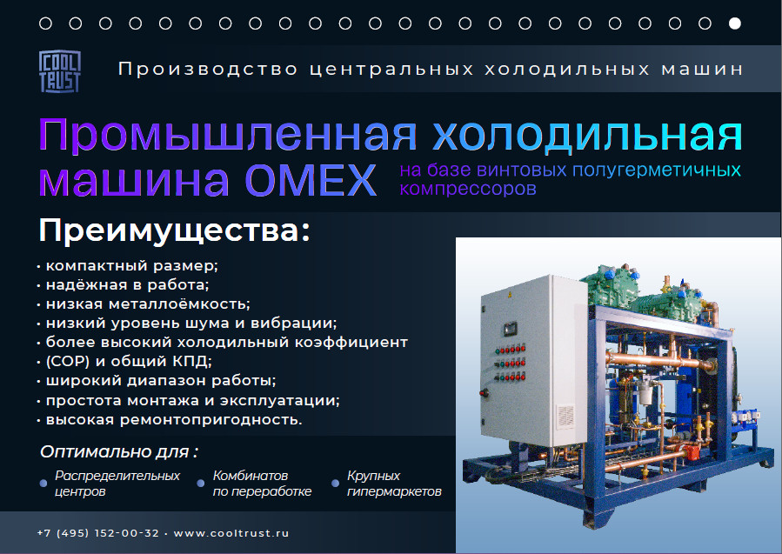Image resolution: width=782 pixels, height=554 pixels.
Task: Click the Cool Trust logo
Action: pyautogui.click(x=60, y=71)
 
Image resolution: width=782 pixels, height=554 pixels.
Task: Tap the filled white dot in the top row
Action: pyautogui.click(x=735, y=23)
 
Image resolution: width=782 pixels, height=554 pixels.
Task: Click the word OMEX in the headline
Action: pyautogui.click(x=311, y=180)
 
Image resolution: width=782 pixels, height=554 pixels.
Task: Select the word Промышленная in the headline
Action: pyautogui.click(x=227, y=135)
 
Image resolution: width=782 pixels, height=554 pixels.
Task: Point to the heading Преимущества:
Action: pyautogui.click(x=175, y=230)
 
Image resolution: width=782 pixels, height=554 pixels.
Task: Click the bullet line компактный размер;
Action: pyautogui.click(x=131, y=266)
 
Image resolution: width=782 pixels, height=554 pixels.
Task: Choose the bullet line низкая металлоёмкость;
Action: pyautogui.click(x=148, y=304)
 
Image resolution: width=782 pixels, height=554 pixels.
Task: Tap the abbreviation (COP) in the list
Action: pyautogui.click(x=67, y=361)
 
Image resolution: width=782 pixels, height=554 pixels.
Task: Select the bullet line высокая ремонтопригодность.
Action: pyautogui.click(x=174, y=419)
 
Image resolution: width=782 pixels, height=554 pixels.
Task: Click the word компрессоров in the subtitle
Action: pyautogui.click(x=468, y=189)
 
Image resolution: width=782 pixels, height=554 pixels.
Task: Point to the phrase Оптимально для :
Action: pyautogui.click(x=119, y=451)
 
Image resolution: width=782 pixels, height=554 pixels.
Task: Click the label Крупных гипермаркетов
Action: pyautogui.click(x=394, y=484)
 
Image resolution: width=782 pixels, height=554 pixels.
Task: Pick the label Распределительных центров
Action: pyautogui.click(x=117, y=484)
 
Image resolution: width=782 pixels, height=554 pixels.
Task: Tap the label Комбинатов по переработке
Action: pyautogui.click(x=262, y=484)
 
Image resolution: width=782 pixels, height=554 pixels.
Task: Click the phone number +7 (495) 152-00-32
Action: pyautogui.click(x=98, y=533)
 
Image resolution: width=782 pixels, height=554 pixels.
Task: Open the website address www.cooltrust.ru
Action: pyautogui.click(x=231, y=533)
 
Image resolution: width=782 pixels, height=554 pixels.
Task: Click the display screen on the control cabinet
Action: pyautogui.click(x=509, y=329)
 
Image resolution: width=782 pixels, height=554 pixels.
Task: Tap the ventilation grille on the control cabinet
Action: pyautogui.click(x=565, y=416)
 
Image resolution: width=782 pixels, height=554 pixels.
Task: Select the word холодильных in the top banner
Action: pyautogui.click(x=567, y=69)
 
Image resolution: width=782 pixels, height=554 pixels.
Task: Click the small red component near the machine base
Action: pyautogui.click(x=691, y=453)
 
